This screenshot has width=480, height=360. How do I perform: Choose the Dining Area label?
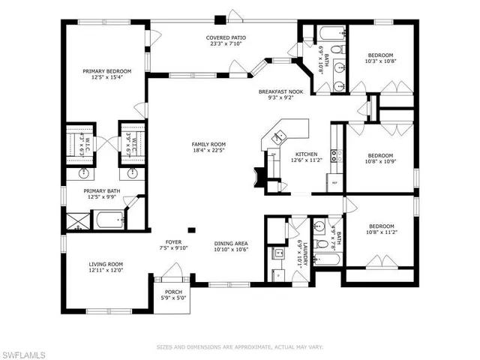point(231,243)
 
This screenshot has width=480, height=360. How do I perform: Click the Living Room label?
point(106,264)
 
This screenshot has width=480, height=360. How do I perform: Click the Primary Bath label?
point(99,191)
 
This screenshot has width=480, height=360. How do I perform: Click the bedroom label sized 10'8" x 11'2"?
point(380,229)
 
